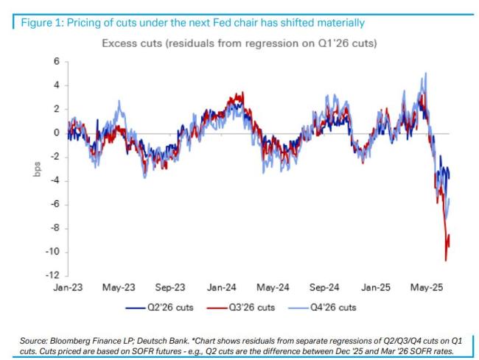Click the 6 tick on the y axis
pyautogui.click(x=55, y=62)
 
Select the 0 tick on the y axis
pyautogui.click(x=55, y=133)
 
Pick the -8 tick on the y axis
pyautogui.click(x=54, y=228)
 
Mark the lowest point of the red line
pyautogui.click(x=445, y=260)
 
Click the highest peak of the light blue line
pyautogui.click(x=426, y=73)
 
